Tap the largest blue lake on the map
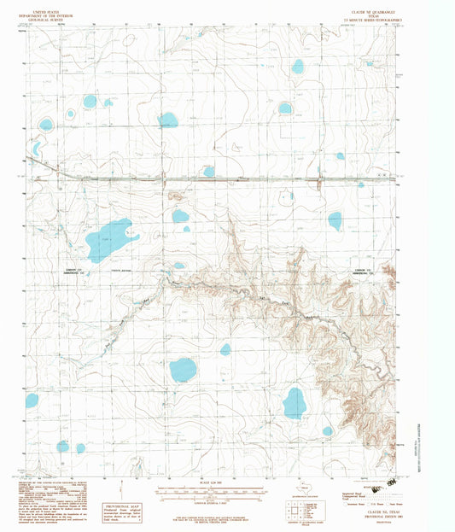pos(109,240)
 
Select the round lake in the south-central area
pos(183,370)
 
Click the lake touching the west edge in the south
pos(32,400)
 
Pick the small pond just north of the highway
pos(209,172)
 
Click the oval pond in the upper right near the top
pos(298,66)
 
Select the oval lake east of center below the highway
pos(335,220)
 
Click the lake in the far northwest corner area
pos(45,125)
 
